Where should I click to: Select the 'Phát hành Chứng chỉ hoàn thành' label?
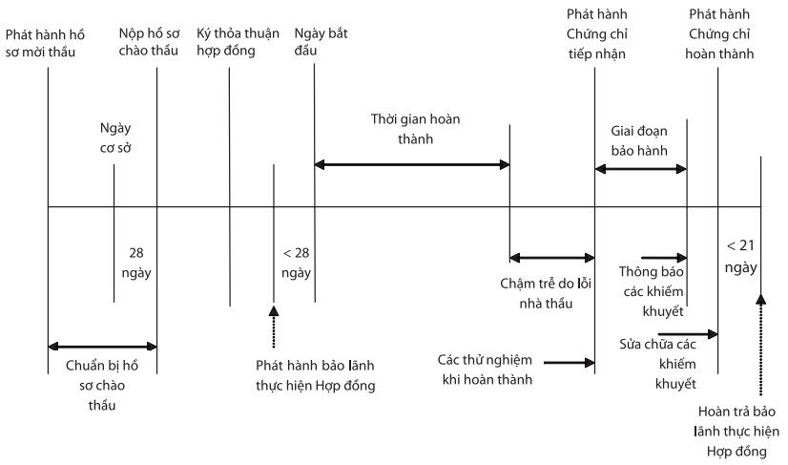719,34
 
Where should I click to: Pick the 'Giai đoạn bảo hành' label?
639,141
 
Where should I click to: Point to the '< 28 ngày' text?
296,263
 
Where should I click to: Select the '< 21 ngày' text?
740,255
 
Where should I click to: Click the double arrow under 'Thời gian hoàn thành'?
412,165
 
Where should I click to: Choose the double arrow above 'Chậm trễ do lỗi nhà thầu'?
551,257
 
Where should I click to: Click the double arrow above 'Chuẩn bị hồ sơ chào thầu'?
102,345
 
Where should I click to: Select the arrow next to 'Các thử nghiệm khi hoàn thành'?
570,362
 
